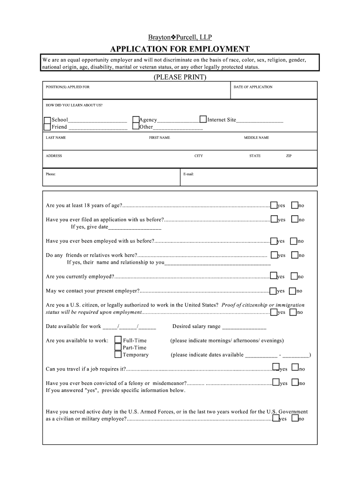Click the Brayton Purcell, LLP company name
pos(180,37)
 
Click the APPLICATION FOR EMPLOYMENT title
pos(180,49)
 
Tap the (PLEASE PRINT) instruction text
pos(180,77)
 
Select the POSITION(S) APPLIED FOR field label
pos(67,87)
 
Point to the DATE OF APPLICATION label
pos(253,87)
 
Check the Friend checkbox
pos(47,127)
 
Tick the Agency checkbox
pos(136,120)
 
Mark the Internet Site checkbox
pos(203,119)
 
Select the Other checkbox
pos(136,126)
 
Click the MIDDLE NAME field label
pos(256,138)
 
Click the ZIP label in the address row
pos(288,156)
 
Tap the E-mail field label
pos(188,174)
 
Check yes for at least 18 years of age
pos(274,205)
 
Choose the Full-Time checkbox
pos(118,340)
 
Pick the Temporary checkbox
pos(118,354)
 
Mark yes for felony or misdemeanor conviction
pos(276,382)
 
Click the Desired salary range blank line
pos(244,327)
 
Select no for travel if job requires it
pos(295,368)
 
